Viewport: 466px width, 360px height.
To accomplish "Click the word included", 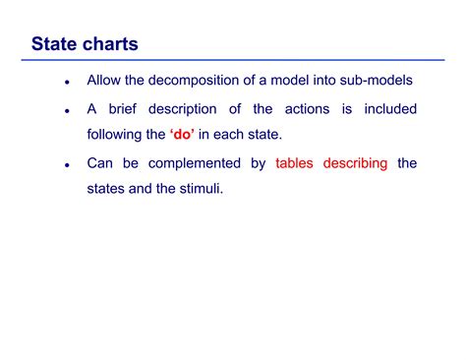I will [x=387, y=109].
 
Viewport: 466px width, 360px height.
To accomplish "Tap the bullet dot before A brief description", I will [x=66, y=111].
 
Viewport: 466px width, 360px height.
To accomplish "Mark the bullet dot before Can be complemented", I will [x=66, y=165].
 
